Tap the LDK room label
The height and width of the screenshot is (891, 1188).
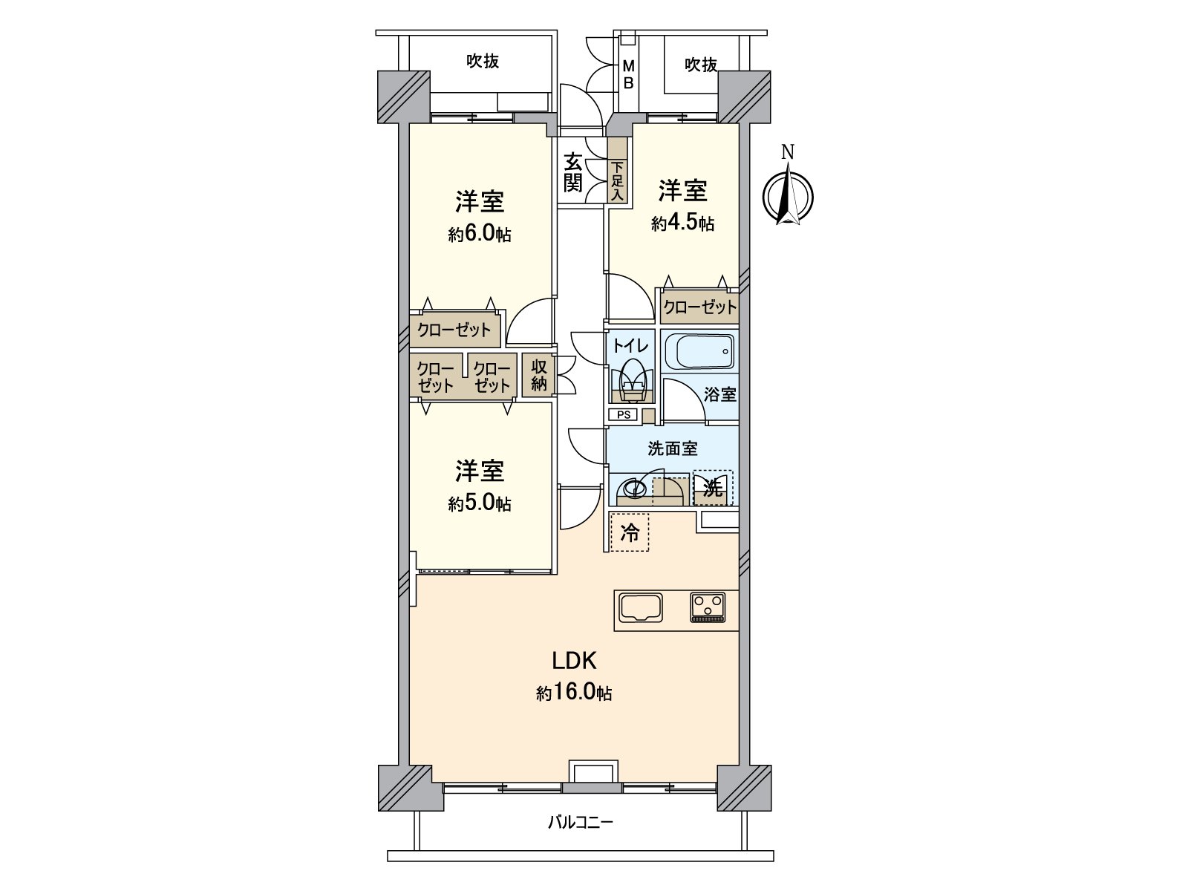click(574, 660)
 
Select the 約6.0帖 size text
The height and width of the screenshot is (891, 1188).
click(479, 235)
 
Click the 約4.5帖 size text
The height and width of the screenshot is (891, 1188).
click(682, 223)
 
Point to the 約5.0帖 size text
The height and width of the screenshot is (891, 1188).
click(479, 504)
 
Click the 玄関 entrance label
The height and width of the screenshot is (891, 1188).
click(572, 172)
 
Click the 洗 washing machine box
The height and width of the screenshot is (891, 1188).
click(713, 488)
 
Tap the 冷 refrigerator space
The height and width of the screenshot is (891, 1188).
click(629, 532)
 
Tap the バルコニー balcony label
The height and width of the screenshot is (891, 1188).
click(581, 822)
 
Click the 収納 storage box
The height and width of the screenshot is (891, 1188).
click(538, 375)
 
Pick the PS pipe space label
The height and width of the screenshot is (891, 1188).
click(624, 415)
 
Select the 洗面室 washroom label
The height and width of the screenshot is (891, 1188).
click(672, 448)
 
